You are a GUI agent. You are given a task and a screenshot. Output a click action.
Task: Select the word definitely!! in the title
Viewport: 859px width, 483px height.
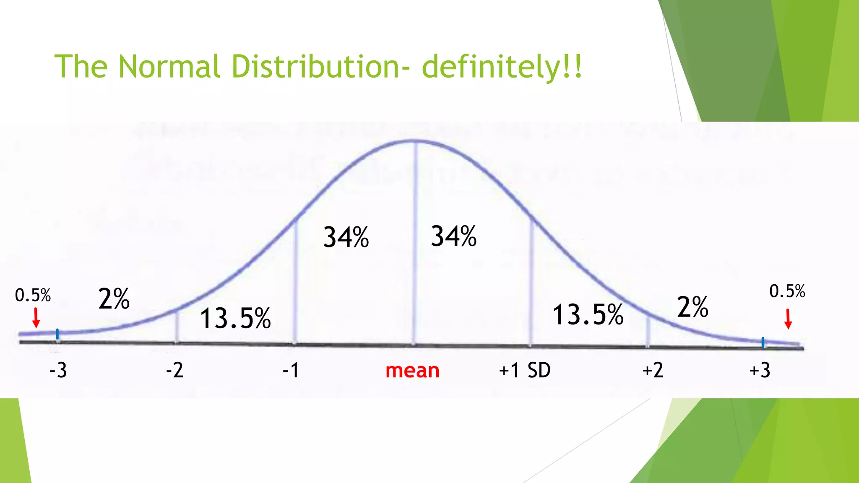502,67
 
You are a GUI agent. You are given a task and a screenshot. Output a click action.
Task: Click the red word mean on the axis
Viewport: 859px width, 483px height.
412,371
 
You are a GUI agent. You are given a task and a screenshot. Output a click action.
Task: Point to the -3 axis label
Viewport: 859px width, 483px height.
58,371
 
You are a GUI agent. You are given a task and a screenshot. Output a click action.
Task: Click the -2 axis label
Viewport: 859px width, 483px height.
174,371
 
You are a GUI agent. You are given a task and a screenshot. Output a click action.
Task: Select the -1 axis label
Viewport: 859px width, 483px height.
291,371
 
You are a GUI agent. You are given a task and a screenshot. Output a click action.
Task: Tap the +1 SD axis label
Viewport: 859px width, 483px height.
525,371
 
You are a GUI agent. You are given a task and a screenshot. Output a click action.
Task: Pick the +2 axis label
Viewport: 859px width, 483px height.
653,371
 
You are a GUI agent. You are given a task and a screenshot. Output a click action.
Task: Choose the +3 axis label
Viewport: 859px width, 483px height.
760,371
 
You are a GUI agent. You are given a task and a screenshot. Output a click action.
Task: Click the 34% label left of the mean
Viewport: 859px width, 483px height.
346,237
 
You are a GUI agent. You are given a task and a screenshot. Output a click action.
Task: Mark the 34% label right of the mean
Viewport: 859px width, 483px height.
454,236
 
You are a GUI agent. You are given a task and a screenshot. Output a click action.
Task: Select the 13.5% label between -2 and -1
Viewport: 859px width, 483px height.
235,318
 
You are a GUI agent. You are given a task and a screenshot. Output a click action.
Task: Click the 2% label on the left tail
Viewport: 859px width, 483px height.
114,299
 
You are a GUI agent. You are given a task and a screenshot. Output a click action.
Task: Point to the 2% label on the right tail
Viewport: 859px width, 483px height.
692,307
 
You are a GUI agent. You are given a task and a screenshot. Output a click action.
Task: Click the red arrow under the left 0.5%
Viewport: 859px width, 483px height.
36,318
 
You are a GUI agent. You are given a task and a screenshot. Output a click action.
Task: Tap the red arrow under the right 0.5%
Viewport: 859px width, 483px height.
788,319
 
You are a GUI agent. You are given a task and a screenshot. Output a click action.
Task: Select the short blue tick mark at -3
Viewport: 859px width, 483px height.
57,334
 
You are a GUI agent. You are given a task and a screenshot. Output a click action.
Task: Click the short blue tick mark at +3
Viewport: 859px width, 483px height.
763,343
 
